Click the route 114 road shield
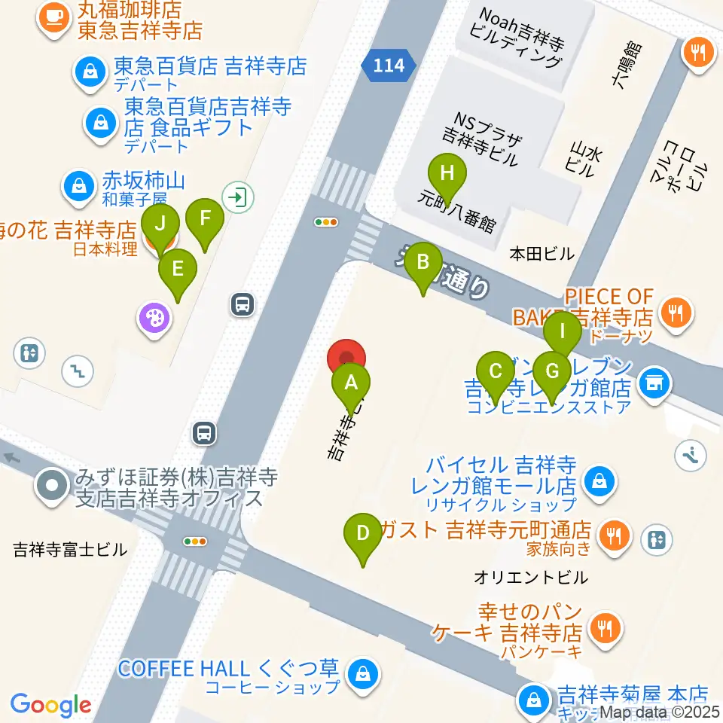click(388, 66)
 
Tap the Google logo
click(50, 704)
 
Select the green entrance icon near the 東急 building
click(238, 198)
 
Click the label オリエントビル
click(531, 578)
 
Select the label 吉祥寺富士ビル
click(71, 551)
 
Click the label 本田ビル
click(541, 253)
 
